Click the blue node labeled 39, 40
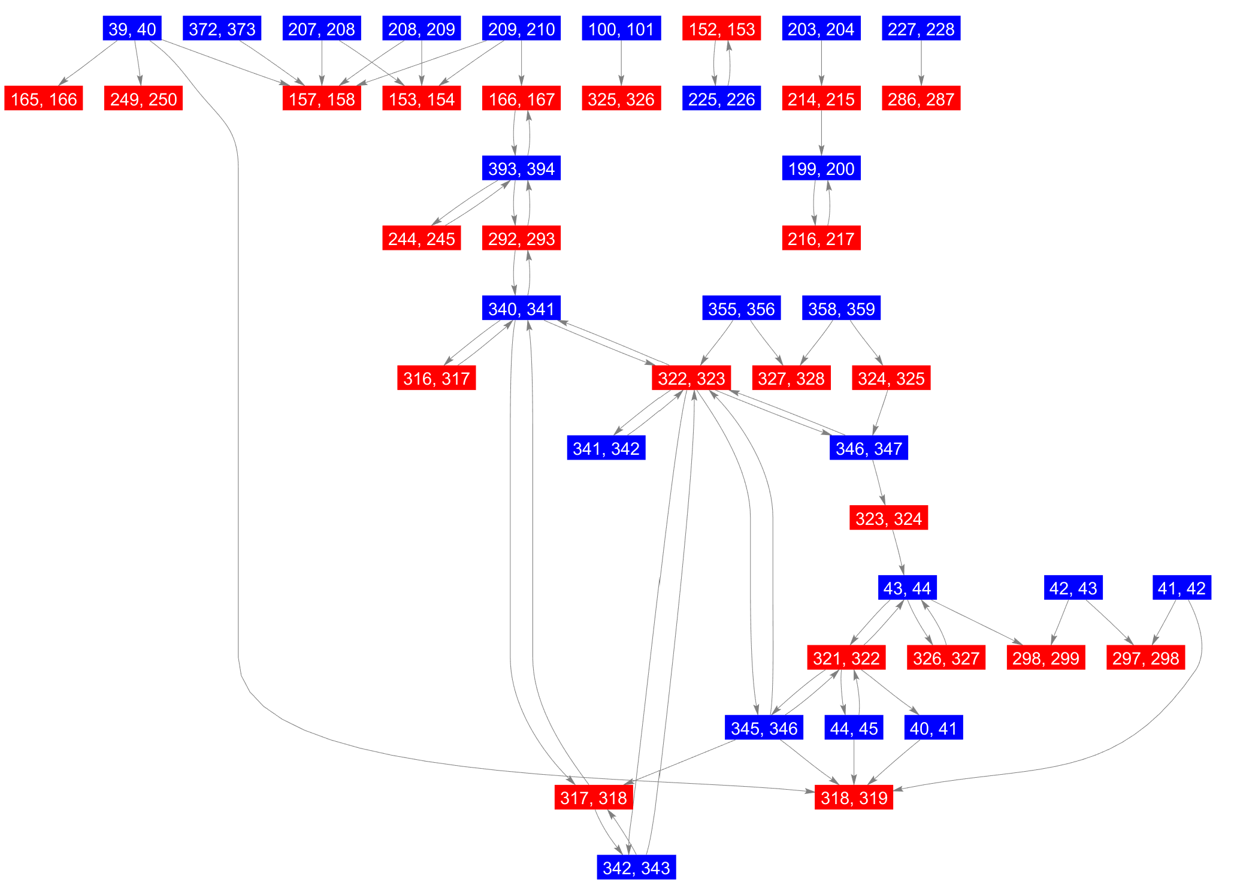(132, 29)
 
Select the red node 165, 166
(44, 99)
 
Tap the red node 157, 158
(322, 99)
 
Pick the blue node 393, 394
(521, 168)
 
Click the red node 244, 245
(421, 238)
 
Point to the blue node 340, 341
(521, 309)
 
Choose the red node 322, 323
(691, 378)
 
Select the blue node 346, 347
(869, 448)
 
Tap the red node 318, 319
(854, 798)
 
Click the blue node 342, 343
(636, 868)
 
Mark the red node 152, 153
(721, 29)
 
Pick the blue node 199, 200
(821, 168)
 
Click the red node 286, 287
(921, 99)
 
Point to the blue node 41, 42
(1181, 588)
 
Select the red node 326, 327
(946, 658)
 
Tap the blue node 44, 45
(854, 728)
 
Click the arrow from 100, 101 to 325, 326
(621, 64)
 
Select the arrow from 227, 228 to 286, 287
(921, 64)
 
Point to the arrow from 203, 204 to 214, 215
(821, 64)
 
